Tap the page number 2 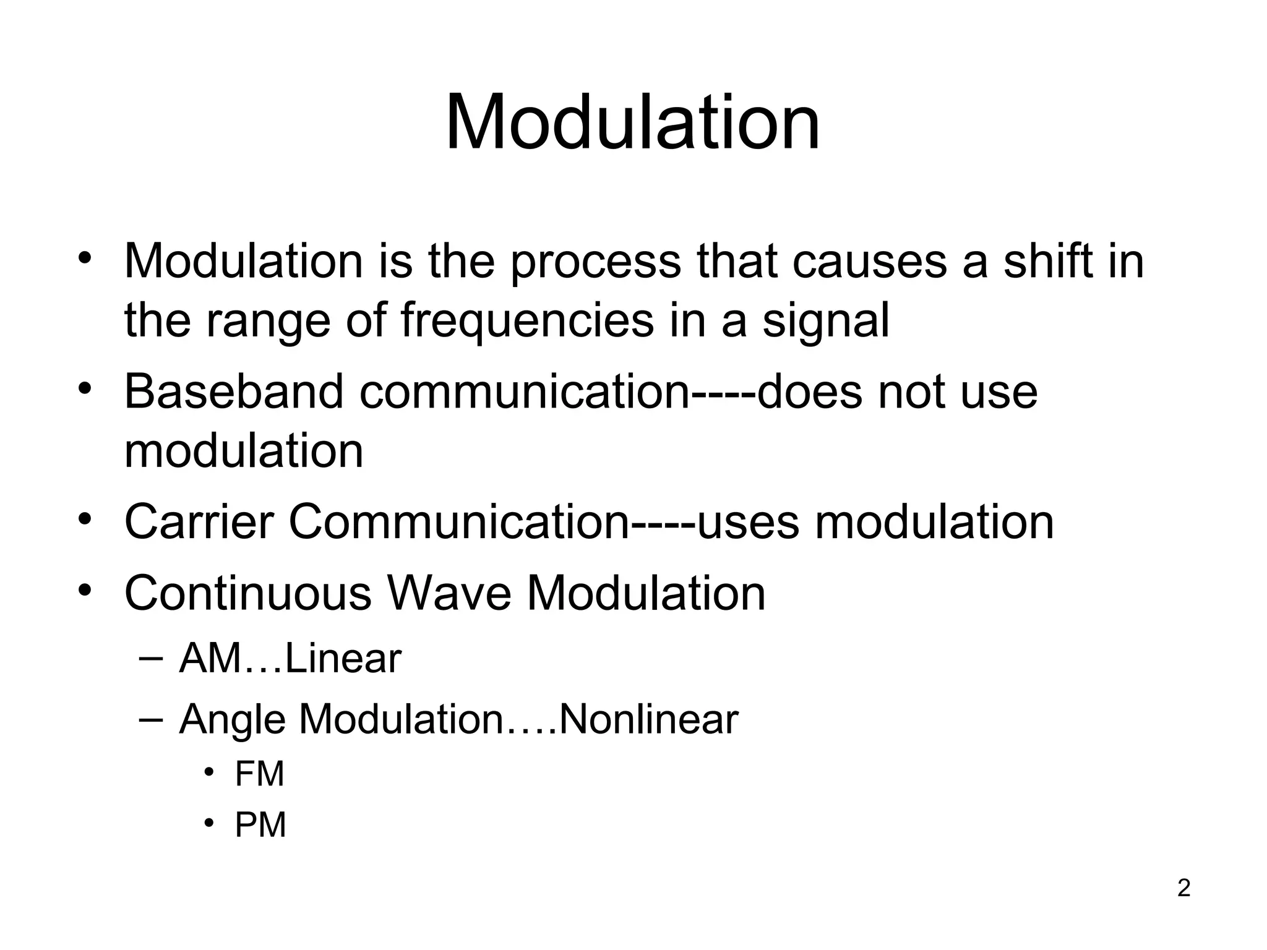pos(1183,888)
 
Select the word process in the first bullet pos(595,262)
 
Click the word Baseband pos(234,392)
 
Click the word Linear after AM pos(343,659)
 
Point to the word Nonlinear pos(648,720)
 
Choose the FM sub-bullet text pos(259,774)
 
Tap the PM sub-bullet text pos(260,826)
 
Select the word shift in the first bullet pos(1047,261)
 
